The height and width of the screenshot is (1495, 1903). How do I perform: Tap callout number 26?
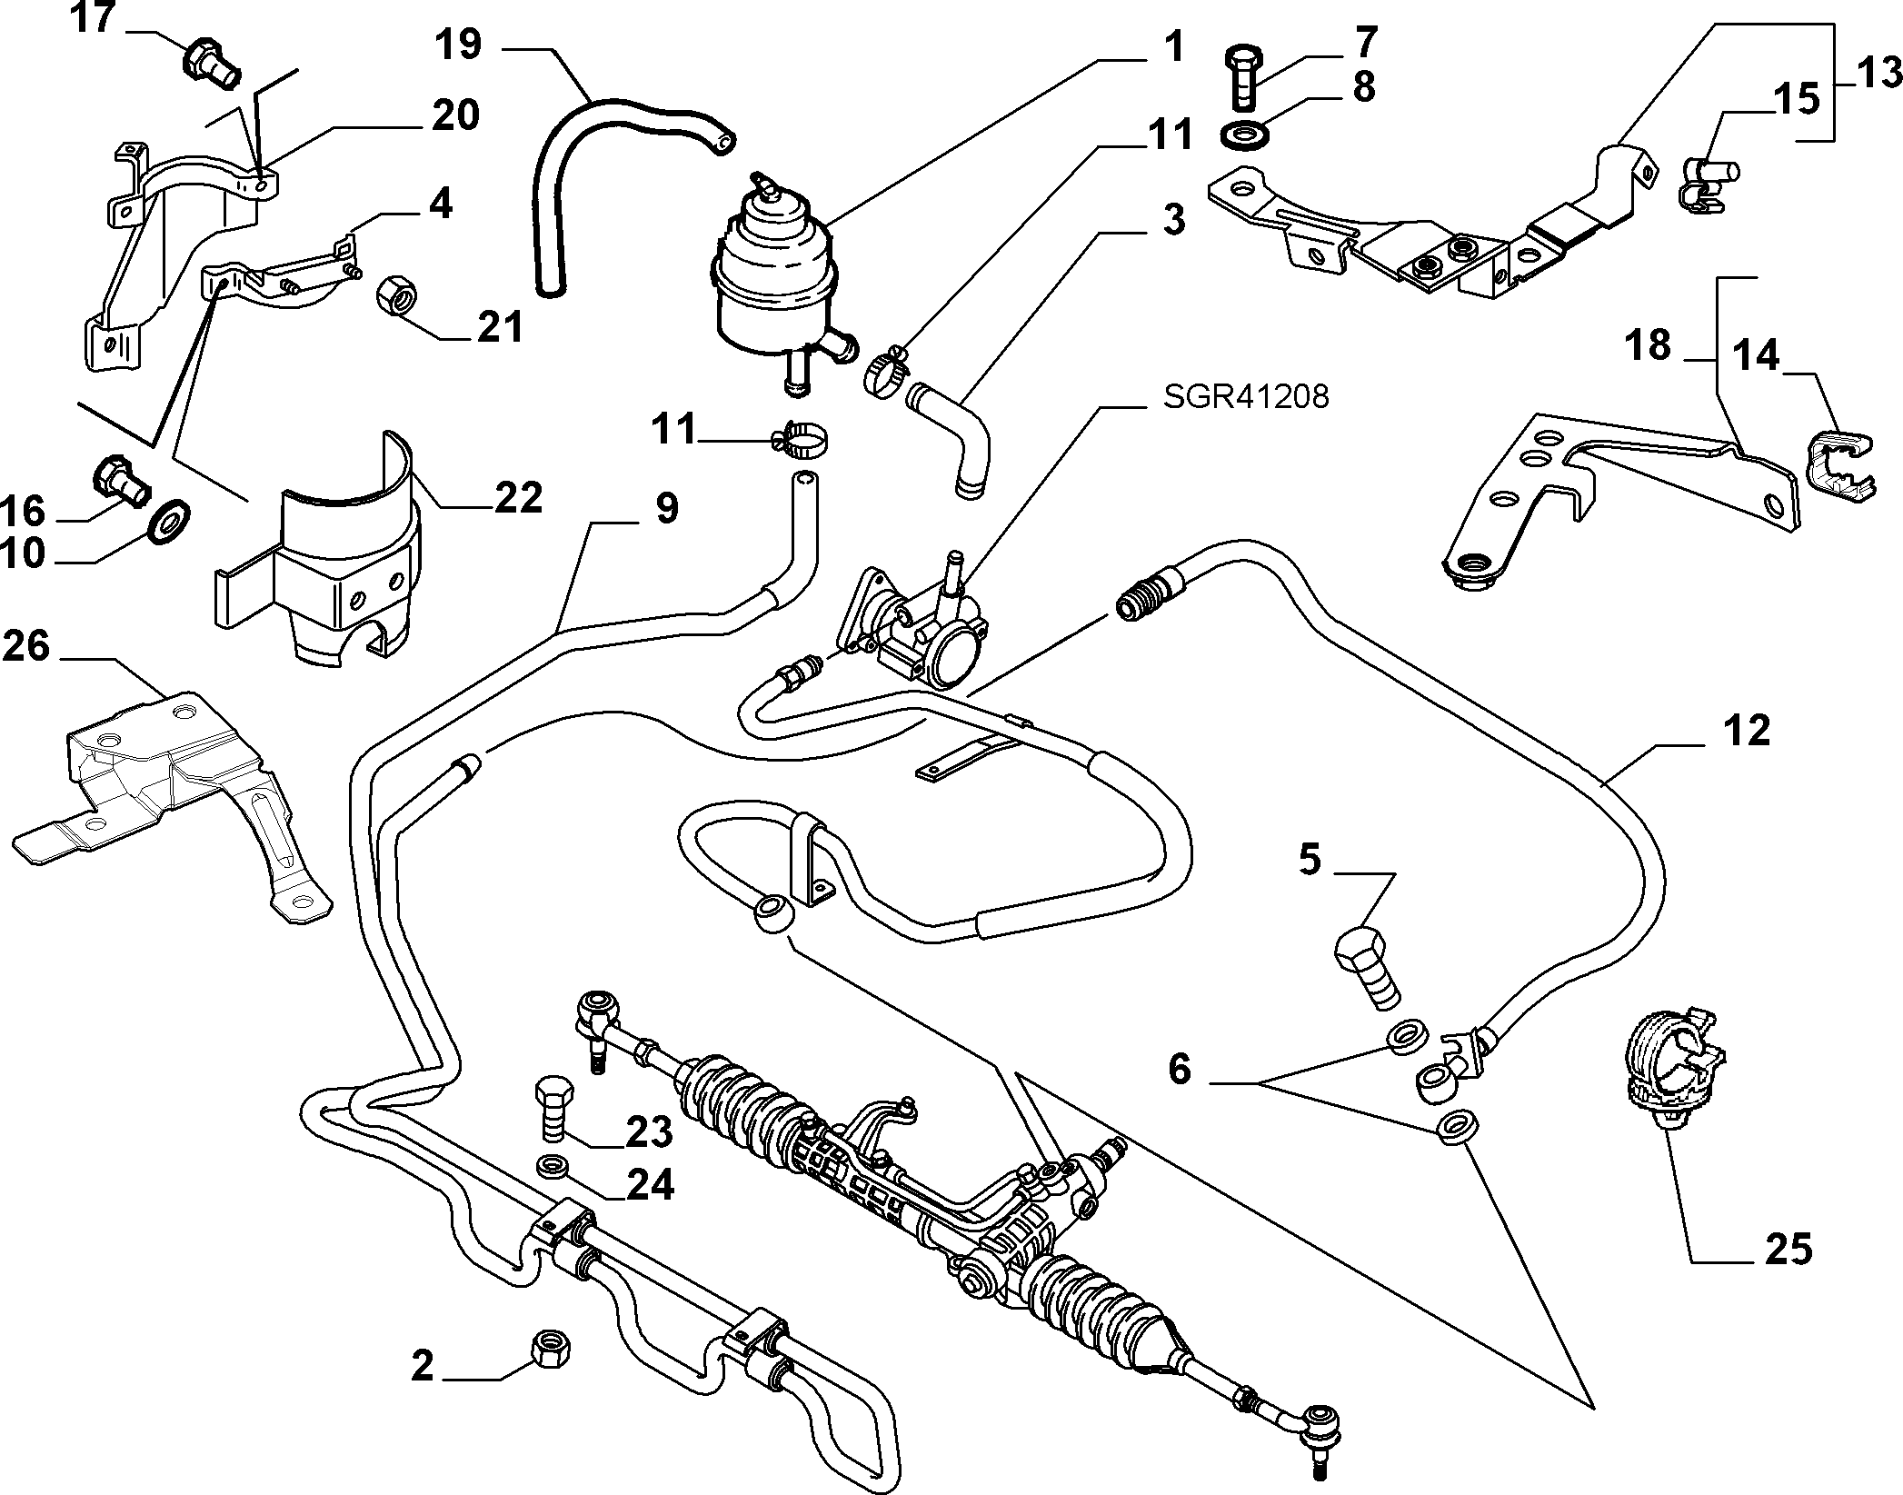click(x=25, y=647)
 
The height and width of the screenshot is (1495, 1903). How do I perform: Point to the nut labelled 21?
click(x=395, y=296)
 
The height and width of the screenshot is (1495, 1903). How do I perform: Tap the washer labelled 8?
click(x=1238, y=135)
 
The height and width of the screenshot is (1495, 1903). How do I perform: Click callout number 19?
click(x=458, y=45)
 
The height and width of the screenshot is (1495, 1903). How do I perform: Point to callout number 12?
click(x=1745, y=730)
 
